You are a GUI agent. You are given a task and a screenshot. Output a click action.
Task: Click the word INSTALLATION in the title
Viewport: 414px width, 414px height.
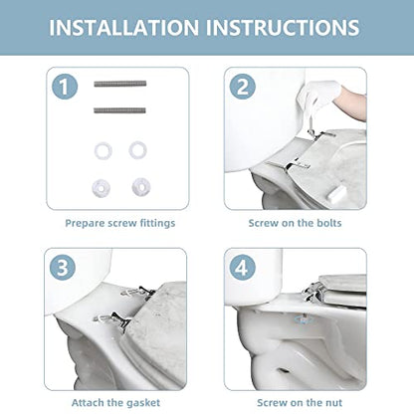pos(123,27)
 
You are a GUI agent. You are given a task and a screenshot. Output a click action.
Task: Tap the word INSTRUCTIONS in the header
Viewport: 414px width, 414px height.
pos(283,27)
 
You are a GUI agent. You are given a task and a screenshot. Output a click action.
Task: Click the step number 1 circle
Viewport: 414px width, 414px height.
pos(65,87)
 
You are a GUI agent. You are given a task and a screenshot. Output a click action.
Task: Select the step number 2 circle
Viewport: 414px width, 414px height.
pos(243,87)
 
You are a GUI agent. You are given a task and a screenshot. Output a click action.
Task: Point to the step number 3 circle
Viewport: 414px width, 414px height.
pos(63,268)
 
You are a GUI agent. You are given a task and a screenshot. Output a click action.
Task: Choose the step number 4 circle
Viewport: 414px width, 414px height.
pos(243,268)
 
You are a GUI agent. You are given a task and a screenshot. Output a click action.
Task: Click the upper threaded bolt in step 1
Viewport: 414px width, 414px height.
pos(120,84)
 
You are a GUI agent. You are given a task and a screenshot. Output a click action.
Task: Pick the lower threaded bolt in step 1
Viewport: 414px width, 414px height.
pos(119,110)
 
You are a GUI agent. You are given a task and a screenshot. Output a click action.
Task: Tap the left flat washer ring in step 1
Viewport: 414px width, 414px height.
pos(103,151)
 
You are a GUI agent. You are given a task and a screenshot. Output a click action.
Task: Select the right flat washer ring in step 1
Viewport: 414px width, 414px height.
pos(137,150)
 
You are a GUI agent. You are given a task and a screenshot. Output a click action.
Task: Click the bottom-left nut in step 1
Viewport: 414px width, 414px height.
pos(102,188)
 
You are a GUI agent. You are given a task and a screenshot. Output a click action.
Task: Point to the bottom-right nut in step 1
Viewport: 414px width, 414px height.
pos(141,187)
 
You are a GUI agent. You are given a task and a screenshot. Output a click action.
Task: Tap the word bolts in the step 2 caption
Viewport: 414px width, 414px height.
pos(328,223)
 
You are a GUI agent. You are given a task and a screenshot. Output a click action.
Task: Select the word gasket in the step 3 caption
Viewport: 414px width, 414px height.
pos(143,403)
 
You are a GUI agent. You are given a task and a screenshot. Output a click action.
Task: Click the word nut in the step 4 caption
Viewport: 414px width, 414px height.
pos(332,403)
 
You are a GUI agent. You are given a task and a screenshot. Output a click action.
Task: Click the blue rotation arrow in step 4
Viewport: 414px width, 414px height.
pos(304,319)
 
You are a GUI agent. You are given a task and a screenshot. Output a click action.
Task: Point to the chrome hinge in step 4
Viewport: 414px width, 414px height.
pos(314,292)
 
